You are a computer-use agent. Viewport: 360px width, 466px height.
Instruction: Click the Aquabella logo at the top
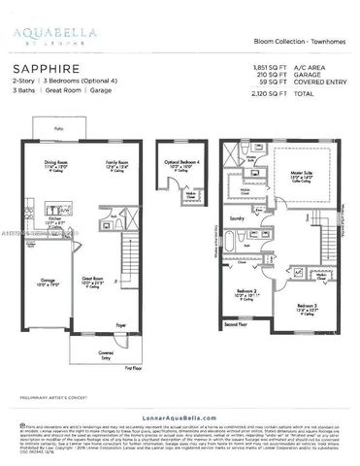(x=46, y=34)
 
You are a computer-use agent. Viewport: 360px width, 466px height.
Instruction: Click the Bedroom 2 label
(x=248, y=291)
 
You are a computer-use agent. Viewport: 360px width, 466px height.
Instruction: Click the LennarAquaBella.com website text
(x=179, y=411)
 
